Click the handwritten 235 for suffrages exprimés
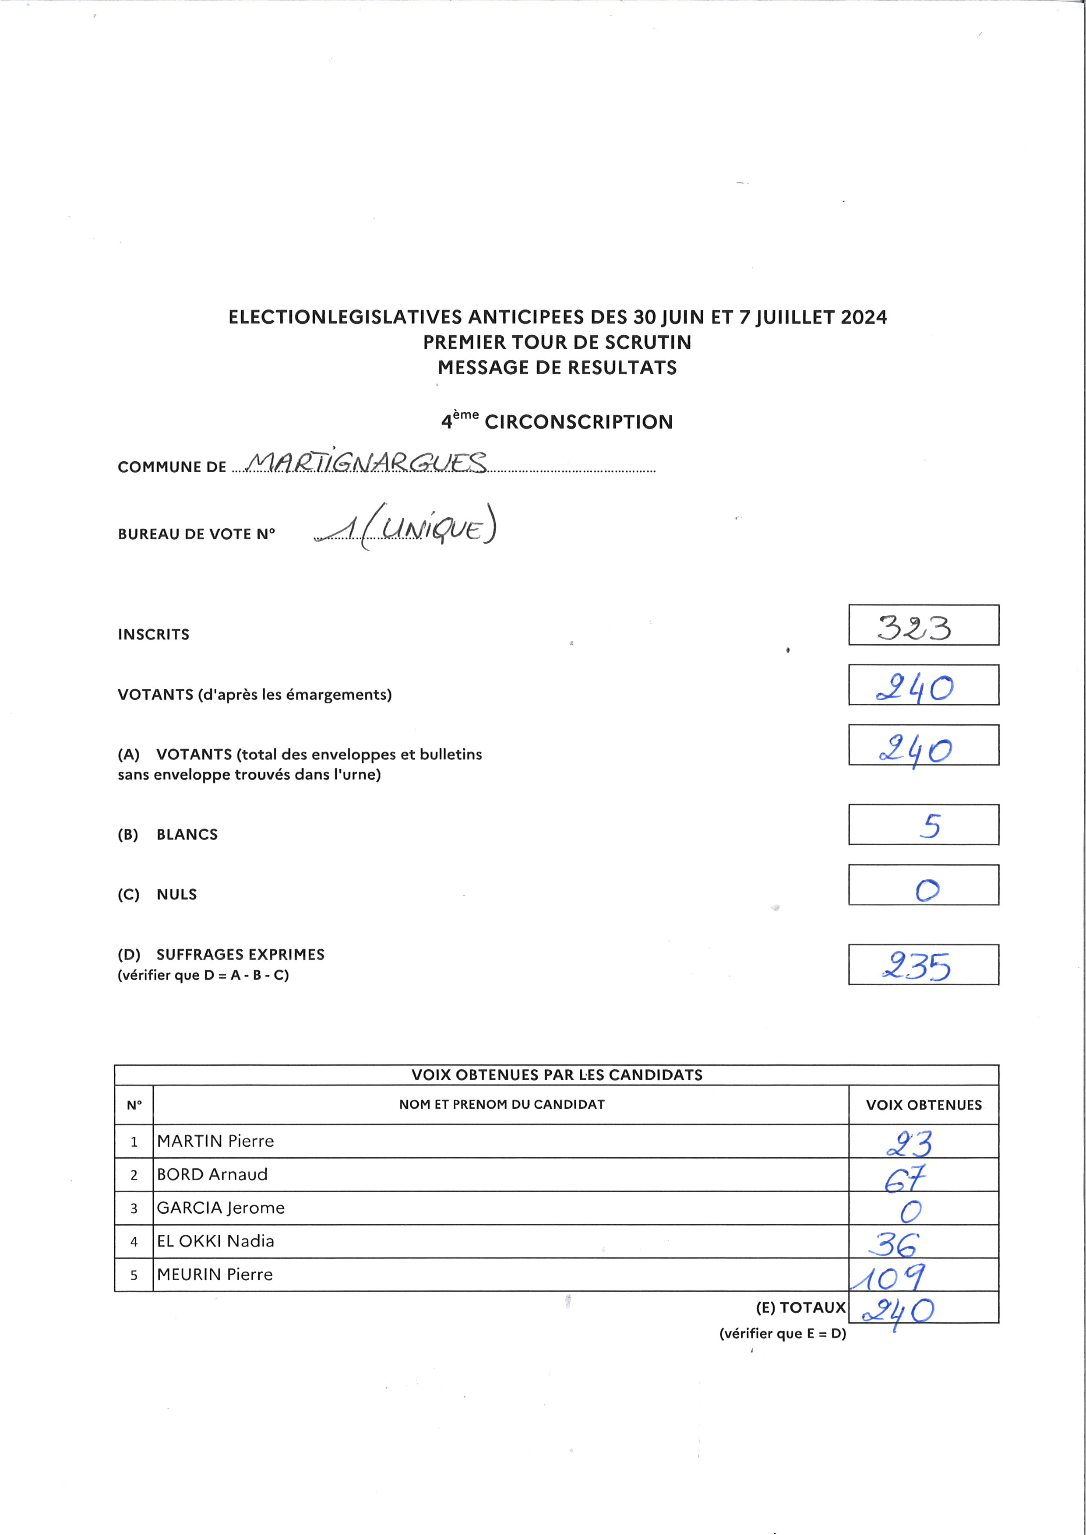point(916,966)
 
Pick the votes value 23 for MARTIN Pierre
point(910,1144)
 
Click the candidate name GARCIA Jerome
point(221,1208)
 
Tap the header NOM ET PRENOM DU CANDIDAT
point(501,1104)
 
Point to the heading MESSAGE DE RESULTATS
point(557,368)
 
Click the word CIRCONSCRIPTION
point(578,422)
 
